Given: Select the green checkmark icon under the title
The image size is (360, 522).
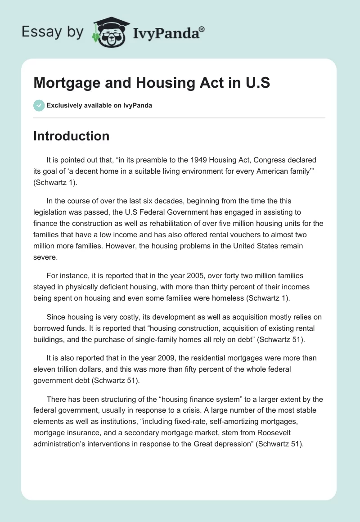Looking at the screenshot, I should pyautogui.click(x=39, y=105).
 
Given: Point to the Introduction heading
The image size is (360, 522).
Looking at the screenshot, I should pyautogui.click(x=71, y=136).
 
